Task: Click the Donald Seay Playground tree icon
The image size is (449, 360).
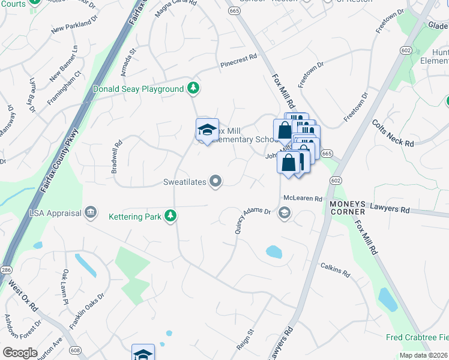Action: [193, 89]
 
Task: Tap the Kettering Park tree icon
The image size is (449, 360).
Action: [171, 216]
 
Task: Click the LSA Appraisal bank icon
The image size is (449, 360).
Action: [91, 211]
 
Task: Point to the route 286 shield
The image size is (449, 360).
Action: [5, 270]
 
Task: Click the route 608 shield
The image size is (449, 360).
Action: [75, 350]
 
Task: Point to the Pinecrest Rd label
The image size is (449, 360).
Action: [238, 59]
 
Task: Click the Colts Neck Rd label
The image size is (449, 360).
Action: [393, 133]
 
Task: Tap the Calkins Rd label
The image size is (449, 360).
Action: [335, 269]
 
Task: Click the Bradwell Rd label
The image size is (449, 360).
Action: [116, 157]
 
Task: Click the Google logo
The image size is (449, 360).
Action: [20, 352]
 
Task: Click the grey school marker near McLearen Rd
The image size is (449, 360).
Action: [285, 213]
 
